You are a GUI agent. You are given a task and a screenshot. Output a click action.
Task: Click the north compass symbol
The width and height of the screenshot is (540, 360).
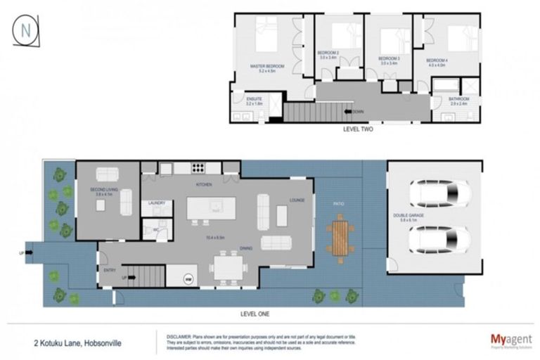26,30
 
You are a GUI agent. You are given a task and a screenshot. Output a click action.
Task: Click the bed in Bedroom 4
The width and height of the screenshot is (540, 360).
462,37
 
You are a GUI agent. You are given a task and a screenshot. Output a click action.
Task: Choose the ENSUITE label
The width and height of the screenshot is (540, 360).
255,100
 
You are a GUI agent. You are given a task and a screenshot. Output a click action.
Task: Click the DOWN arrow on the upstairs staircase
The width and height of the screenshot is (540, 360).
349,111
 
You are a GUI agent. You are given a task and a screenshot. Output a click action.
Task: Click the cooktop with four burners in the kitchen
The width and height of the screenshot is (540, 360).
198,168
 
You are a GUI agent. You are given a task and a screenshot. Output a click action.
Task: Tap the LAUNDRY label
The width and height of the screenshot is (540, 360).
157,203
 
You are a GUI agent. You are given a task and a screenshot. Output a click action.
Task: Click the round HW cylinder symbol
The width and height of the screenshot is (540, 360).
188,279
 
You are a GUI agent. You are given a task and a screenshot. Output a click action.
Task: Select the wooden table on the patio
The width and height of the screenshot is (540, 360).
340,239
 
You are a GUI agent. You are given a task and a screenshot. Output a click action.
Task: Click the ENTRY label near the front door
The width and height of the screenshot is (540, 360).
109,270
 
